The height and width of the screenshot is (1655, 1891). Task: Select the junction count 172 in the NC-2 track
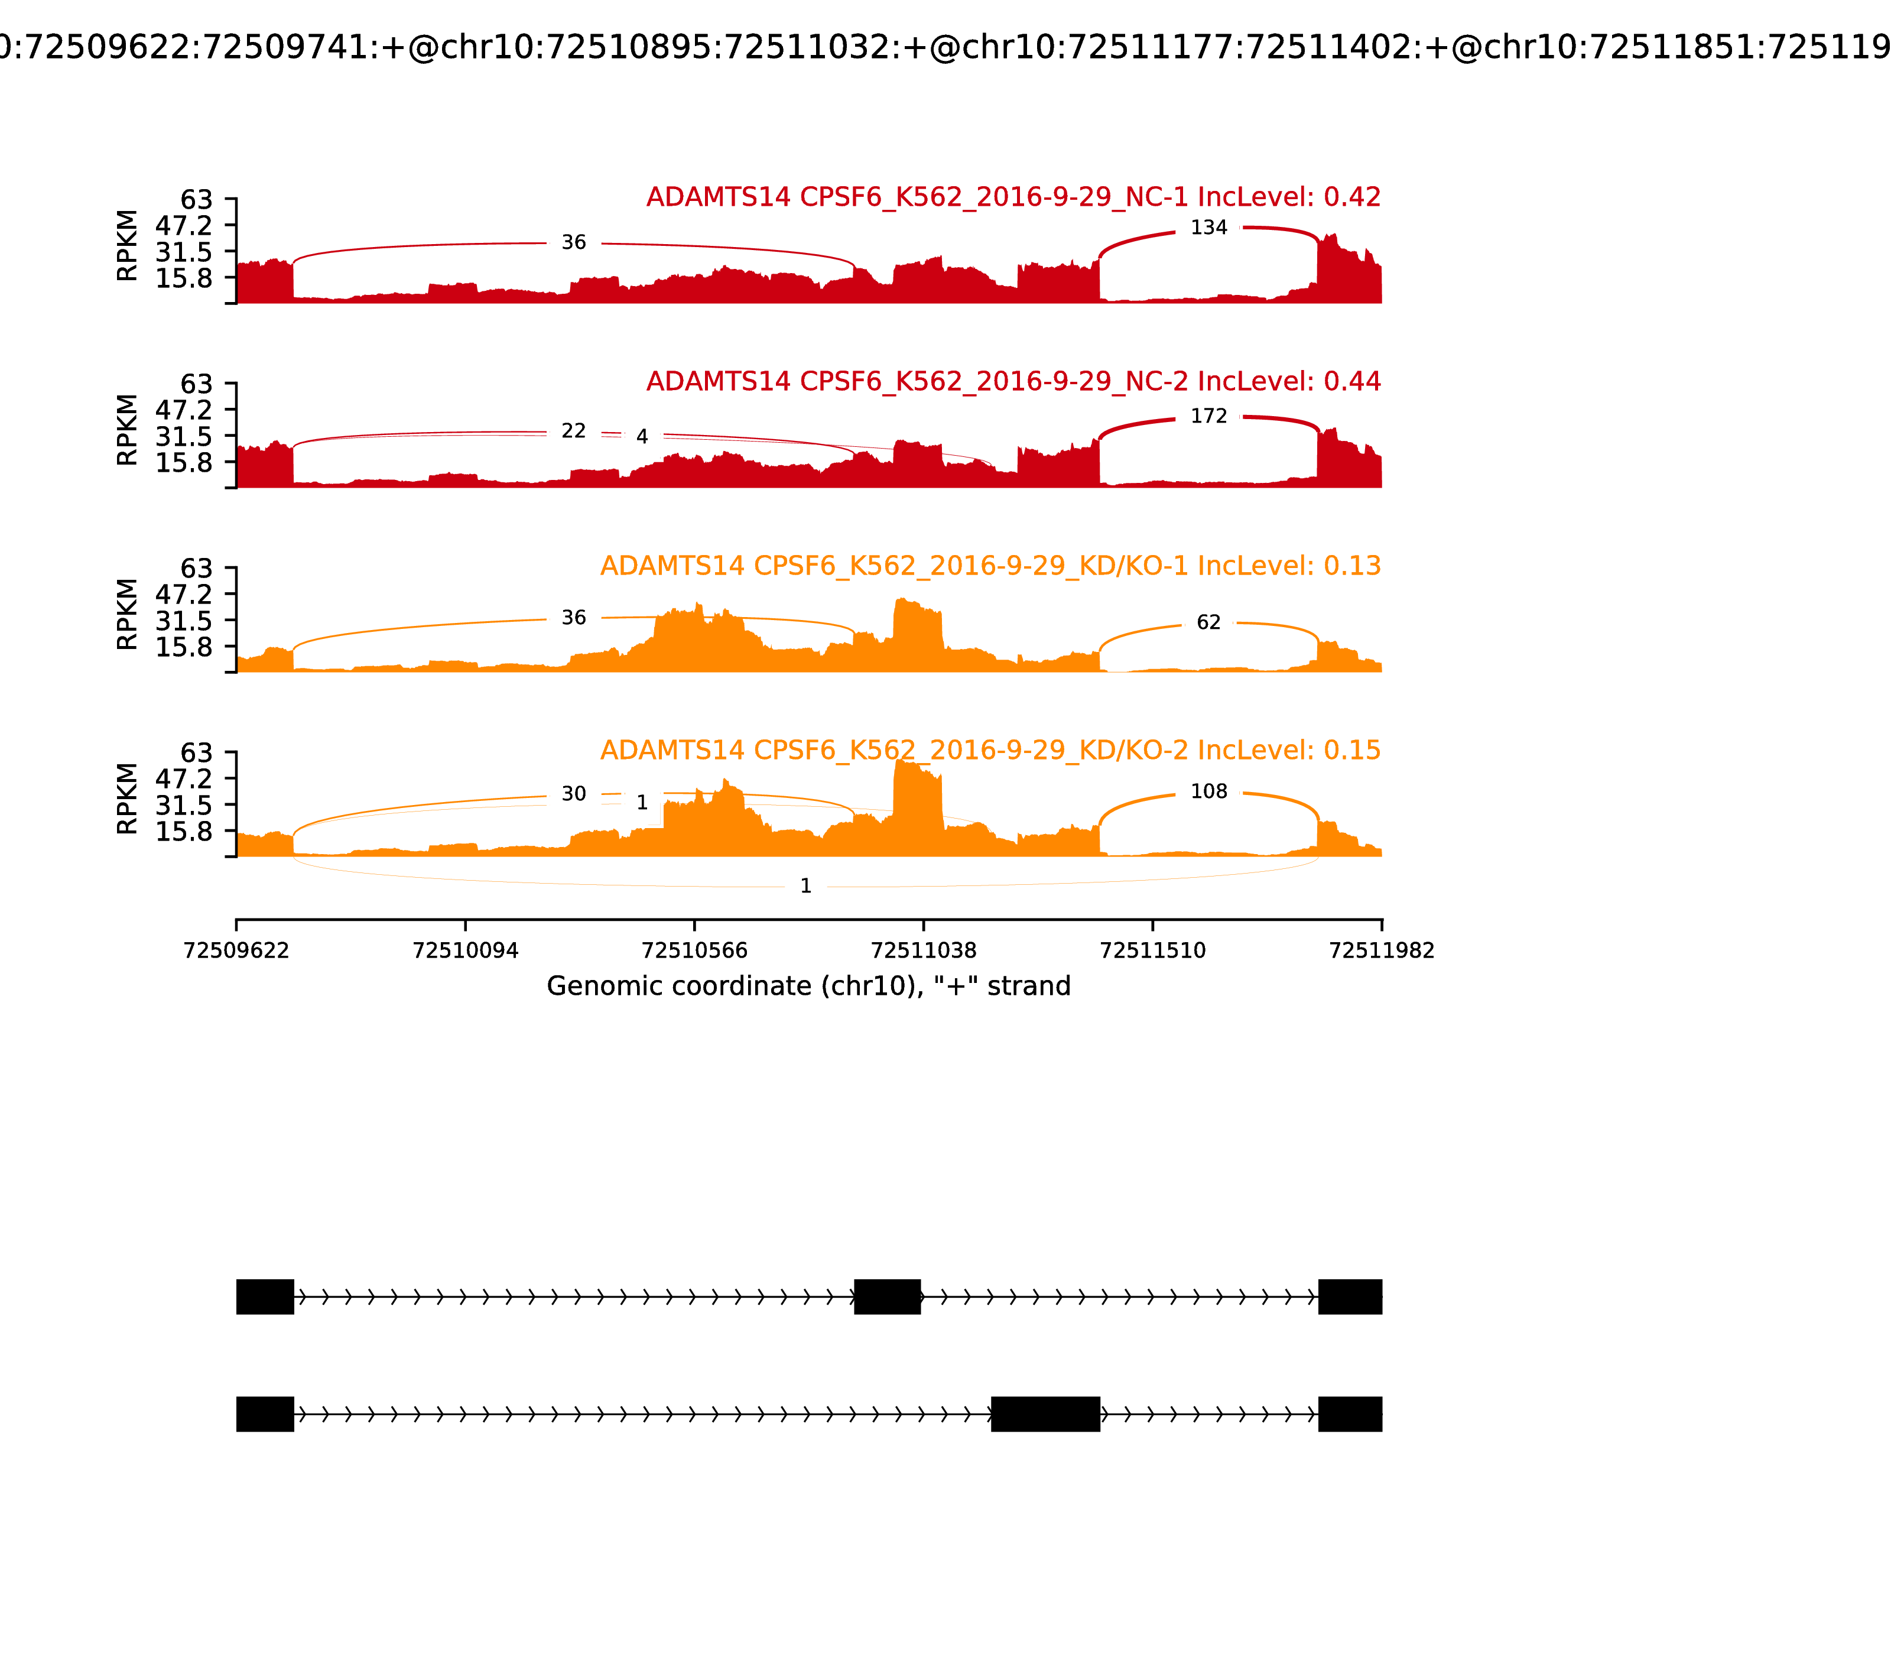tap(1208, 417)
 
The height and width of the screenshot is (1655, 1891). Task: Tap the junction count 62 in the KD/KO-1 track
tap(1208, 622)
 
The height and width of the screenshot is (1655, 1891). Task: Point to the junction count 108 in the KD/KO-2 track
tap(1208, 791)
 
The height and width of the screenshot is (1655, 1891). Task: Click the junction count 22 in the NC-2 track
tap(573, 431)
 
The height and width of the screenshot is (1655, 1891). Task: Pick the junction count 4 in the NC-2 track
tap(642, 437)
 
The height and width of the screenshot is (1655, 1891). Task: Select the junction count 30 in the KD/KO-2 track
tap(573, 794)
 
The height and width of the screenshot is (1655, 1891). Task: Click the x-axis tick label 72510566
tap(694, 950)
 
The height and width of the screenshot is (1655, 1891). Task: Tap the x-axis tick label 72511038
tap(923, 950)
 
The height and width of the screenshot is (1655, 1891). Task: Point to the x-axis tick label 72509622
tap(236, 950)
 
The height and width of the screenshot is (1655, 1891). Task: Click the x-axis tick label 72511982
tap(1382, 950)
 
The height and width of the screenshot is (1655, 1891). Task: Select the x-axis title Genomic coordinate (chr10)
tap(809, 986)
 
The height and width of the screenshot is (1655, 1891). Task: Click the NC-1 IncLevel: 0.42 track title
tap(1013, 197)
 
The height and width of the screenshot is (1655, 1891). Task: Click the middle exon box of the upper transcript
tap(888, 1297)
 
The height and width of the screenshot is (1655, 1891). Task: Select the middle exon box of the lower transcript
tap(1045, 1414)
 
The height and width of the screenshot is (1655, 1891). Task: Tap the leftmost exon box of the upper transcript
tap(265, 1297)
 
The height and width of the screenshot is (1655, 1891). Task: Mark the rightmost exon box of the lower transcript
tap(1350, 1414)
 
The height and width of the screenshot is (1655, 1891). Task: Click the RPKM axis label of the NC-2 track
tap(128, 430)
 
